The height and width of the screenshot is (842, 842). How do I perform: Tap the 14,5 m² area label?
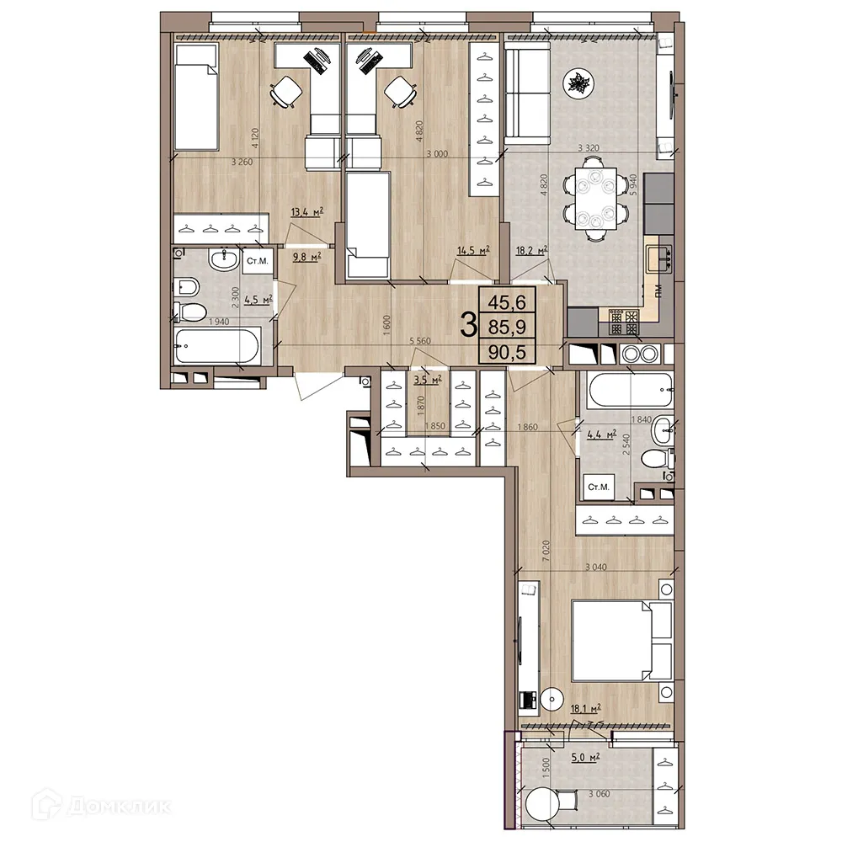coord(473,249)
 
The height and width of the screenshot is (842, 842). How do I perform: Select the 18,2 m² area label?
coord(531,250)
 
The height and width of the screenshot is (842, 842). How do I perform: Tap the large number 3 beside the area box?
coord(468,325)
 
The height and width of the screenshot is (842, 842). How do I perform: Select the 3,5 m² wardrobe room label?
coord(428,381)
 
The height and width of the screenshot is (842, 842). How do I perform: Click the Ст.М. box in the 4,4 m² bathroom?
coord(598,488)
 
